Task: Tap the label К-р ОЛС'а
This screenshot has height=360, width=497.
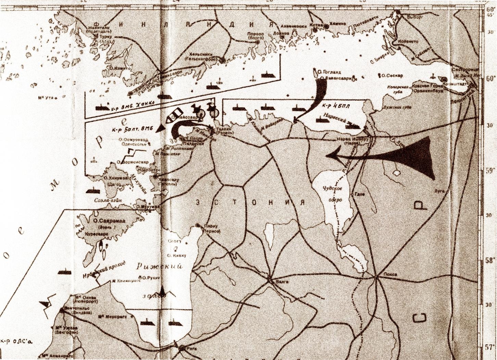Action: (x=15, y=341)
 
